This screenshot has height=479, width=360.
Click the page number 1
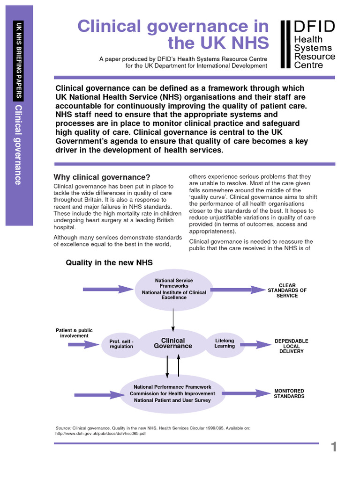334,447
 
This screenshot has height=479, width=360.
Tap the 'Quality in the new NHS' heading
109,263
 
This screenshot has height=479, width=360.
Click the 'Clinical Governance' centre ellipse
173,343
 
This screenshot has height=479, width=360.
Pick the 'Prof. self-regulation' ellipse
121,344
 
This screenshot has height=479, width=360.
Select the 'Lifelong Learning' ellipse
225,343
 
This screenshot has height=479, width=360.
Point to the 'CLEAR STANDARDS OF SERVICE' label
287,290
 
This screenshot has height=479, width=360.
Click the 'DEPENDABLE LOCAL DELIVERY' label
292,346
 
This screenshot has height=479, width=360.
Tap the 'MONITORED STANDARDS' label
289,393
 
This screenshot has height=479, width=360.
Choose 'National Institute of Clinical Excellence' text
174,295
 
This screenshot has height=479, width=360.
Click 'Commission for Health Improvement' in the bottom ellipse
172,393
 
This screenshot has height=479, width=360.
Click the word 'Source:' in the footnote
63,428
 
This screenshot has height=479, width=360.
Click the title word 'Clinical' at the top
112,26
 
